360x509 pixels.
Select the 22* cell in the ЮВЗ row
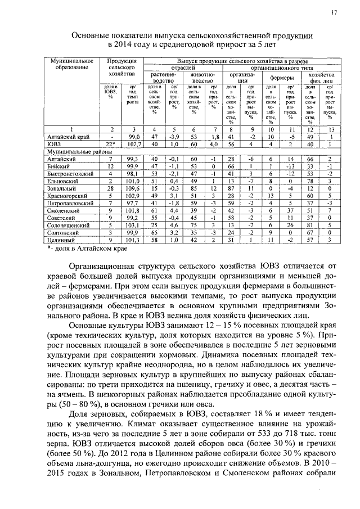[111, 144]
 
